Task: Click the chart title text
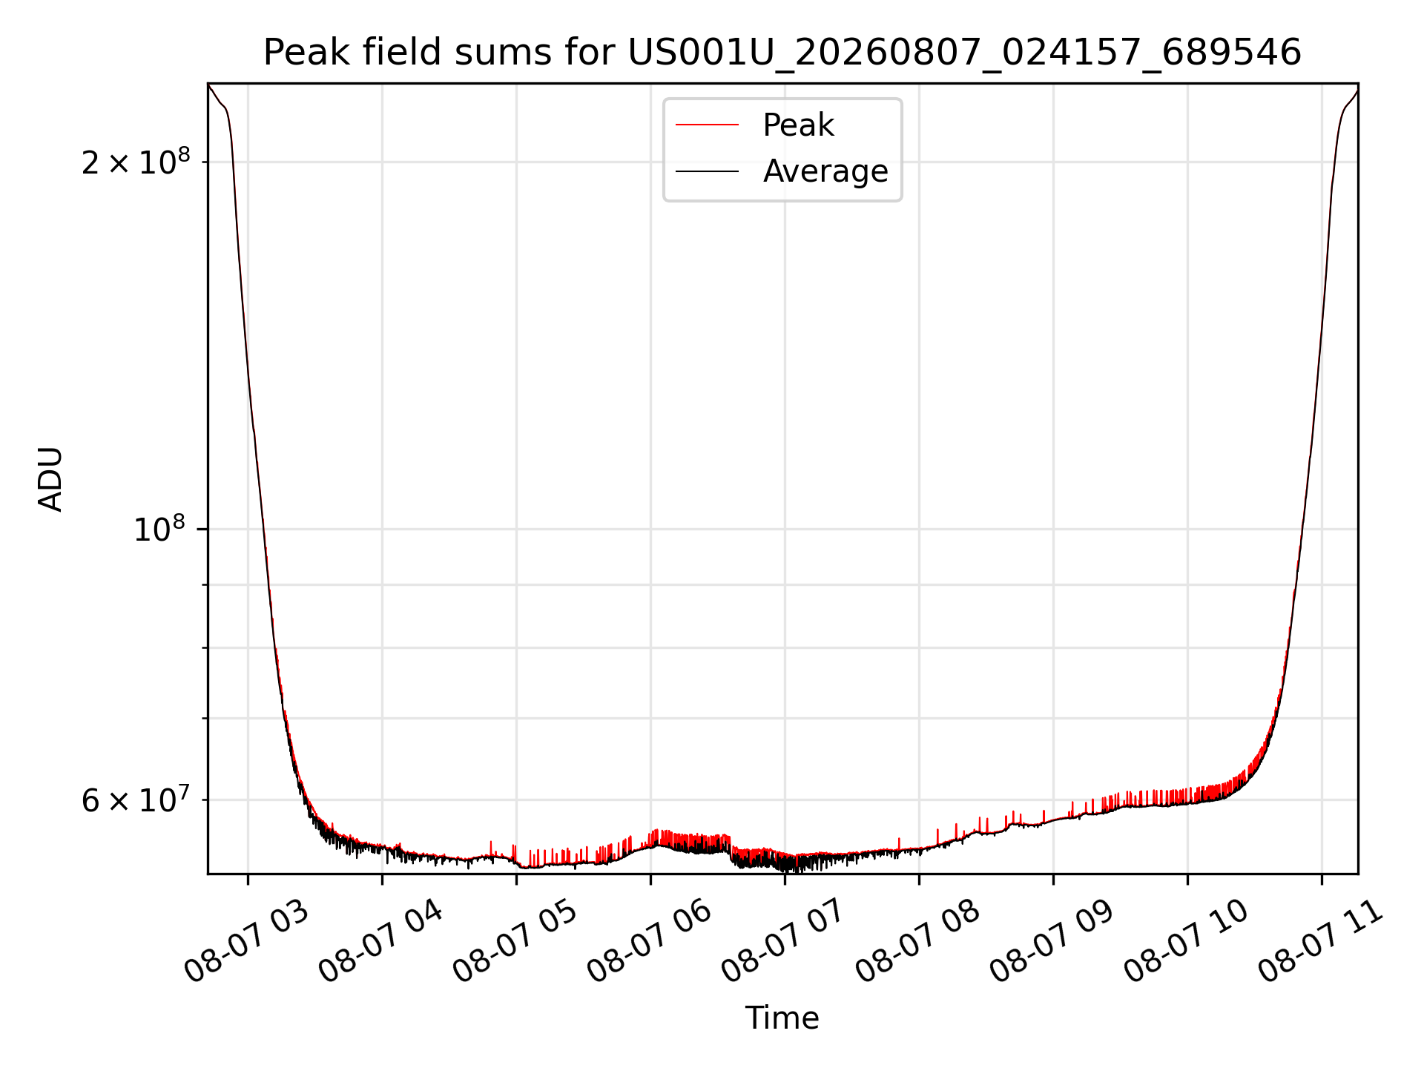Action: coord(782,53)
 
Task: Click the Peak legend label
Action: coord(798,125)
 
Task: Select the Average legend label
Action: coord(825,171)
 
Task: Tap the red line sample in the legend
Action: coord(707,125)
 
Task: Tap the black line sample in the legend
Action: coord(707,171)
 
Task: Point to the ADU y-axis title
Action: coord(50,479)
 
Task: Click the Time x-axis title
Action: coord(782,1018)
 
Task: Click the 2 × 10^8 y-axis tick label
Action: coord(136,161)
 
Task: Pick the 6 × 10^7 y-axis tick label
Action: coord(136,800)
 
